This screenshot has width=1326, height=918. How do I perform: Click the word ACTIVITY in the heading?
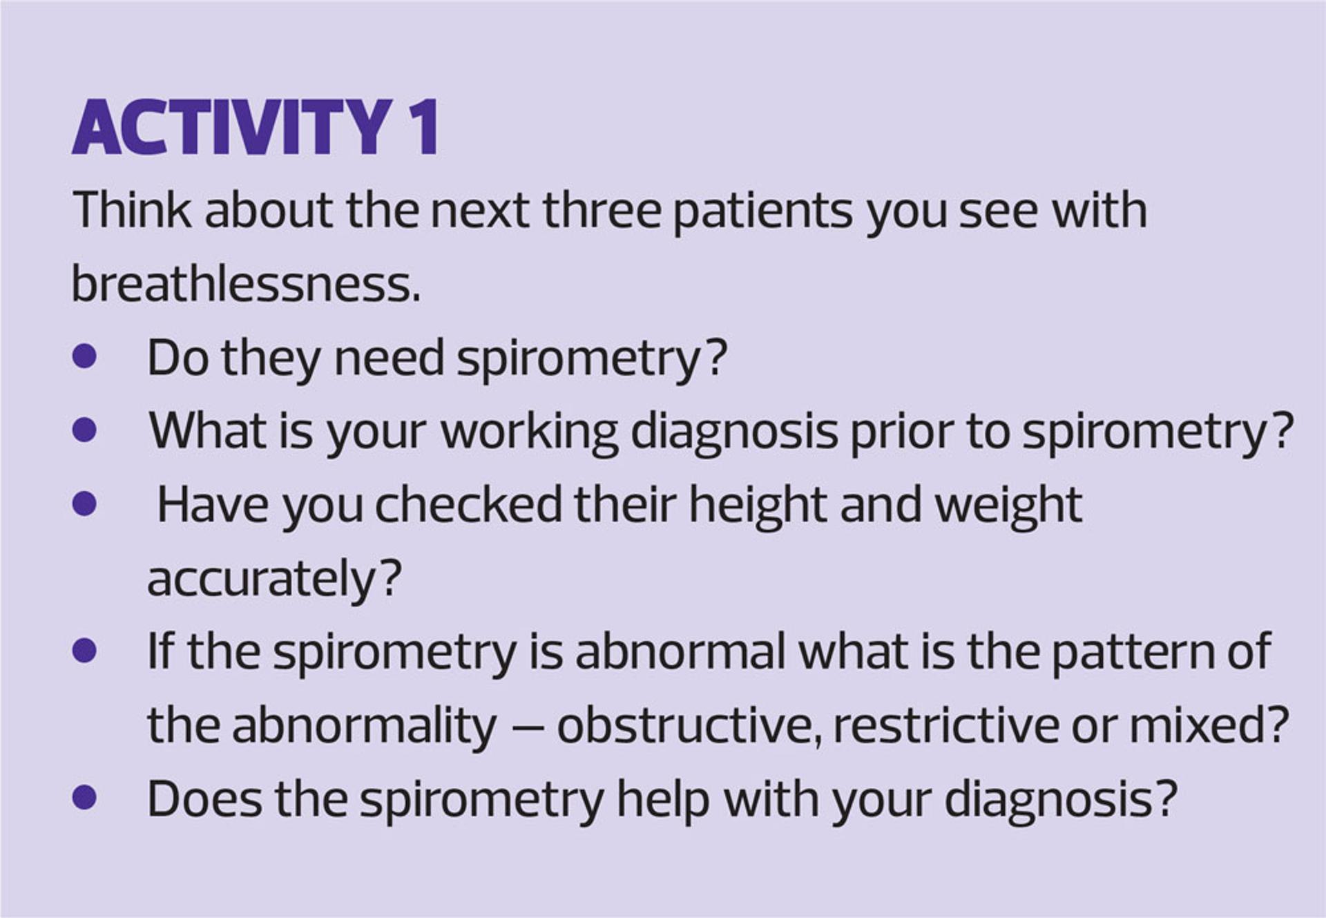point(232,128)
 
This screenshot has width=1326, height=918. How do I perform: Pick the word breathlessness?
point(246,283)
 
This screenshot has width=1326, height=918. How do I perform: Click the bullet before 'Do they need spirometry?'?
point(84,357)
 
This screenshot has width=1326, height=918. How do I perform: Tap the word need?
point(389,358)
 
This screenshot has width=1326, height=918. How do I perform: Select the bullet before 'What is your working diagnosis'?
point(84,430)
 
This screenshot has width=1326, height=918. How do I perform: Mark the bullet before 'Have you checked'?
point(84,504)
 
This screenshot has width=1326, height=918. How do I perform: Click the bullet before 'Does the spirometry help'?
point(84,798)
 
